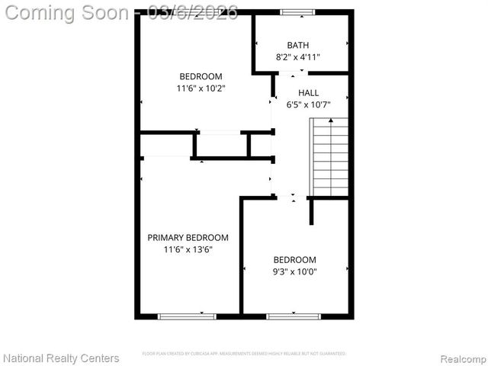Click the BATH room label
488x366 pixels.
(298, 45)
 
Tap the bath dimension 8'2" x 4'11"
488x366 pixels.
(298, 57)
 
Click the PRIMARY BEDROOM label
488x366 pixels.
(188, 237)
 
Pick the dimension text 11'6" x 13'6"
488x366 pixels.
(188, 249)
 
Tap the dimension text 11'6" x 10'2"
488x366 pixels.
(201, 88)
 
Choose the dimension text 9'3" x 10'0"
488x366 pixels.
(294, 271)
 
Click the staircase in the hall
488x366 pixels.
(329, 157)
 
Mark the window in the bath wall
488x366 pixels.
(297, 12)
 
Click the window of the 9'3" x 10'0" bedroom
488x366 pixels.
(294, 316)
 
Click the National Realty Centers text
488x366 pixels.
(61, 358)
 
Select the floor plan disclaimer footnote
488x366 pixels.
(244, 354)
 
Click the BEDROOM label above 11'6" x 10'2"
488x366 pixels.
(201, 76)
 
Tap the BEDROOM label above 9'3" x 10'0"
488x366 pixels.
(294, 259)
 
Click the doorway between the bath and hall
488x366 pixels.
(292, 73)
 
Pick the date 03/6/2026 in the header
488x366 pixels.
(194, 12)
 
